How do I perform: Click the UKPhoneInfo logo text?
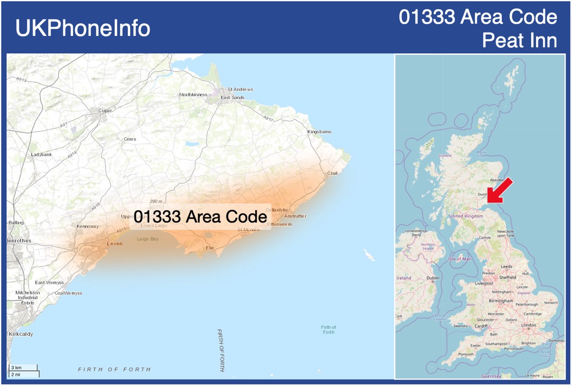pyautogui.click(x=83, y=28)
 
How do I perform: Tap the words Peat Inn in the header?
pyautogui.click(x=519, y=41)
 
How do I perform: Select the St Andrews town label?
pyautogui.click(x=240, y=89)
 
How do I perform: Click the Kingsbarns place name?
pyautogui.click(x=319, y=132)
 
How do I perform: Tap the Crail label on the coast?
pyautogui.click(x=332, y=173)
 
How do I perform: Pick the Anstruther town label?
pyautogui.click(x=295, y=216)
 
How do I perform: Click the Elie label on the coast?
pyautogui.click(x=210, y=248)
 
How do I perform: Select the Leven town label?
pyautogui.click(x=114, y=244)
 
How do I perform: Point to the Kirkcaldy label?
pyautogui.click(x=21, y=334)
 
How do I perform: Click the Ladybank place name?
pyautogui.click(x=41, y=154)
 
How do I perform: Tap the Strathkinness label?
pyautogui.click(x=193, y=95)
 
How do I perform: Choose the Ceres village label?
pyautogui.click(x=130, y=139)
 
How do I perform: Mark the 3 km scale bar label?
pyautogui.click(x=16, y=368)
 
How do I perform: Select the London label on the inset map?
pyautogui.click(x=528, y=325)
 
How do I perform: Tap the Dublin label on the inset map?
pyautogui.click(x=433, y=278)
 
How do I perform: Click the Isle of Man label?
pyautogui.click(x=459, y=259)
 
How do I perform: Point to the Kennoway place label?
pyautogui.click(x=88, y=226)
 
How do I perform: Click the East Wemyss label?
pyautogui.click(x=49, y=283)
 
